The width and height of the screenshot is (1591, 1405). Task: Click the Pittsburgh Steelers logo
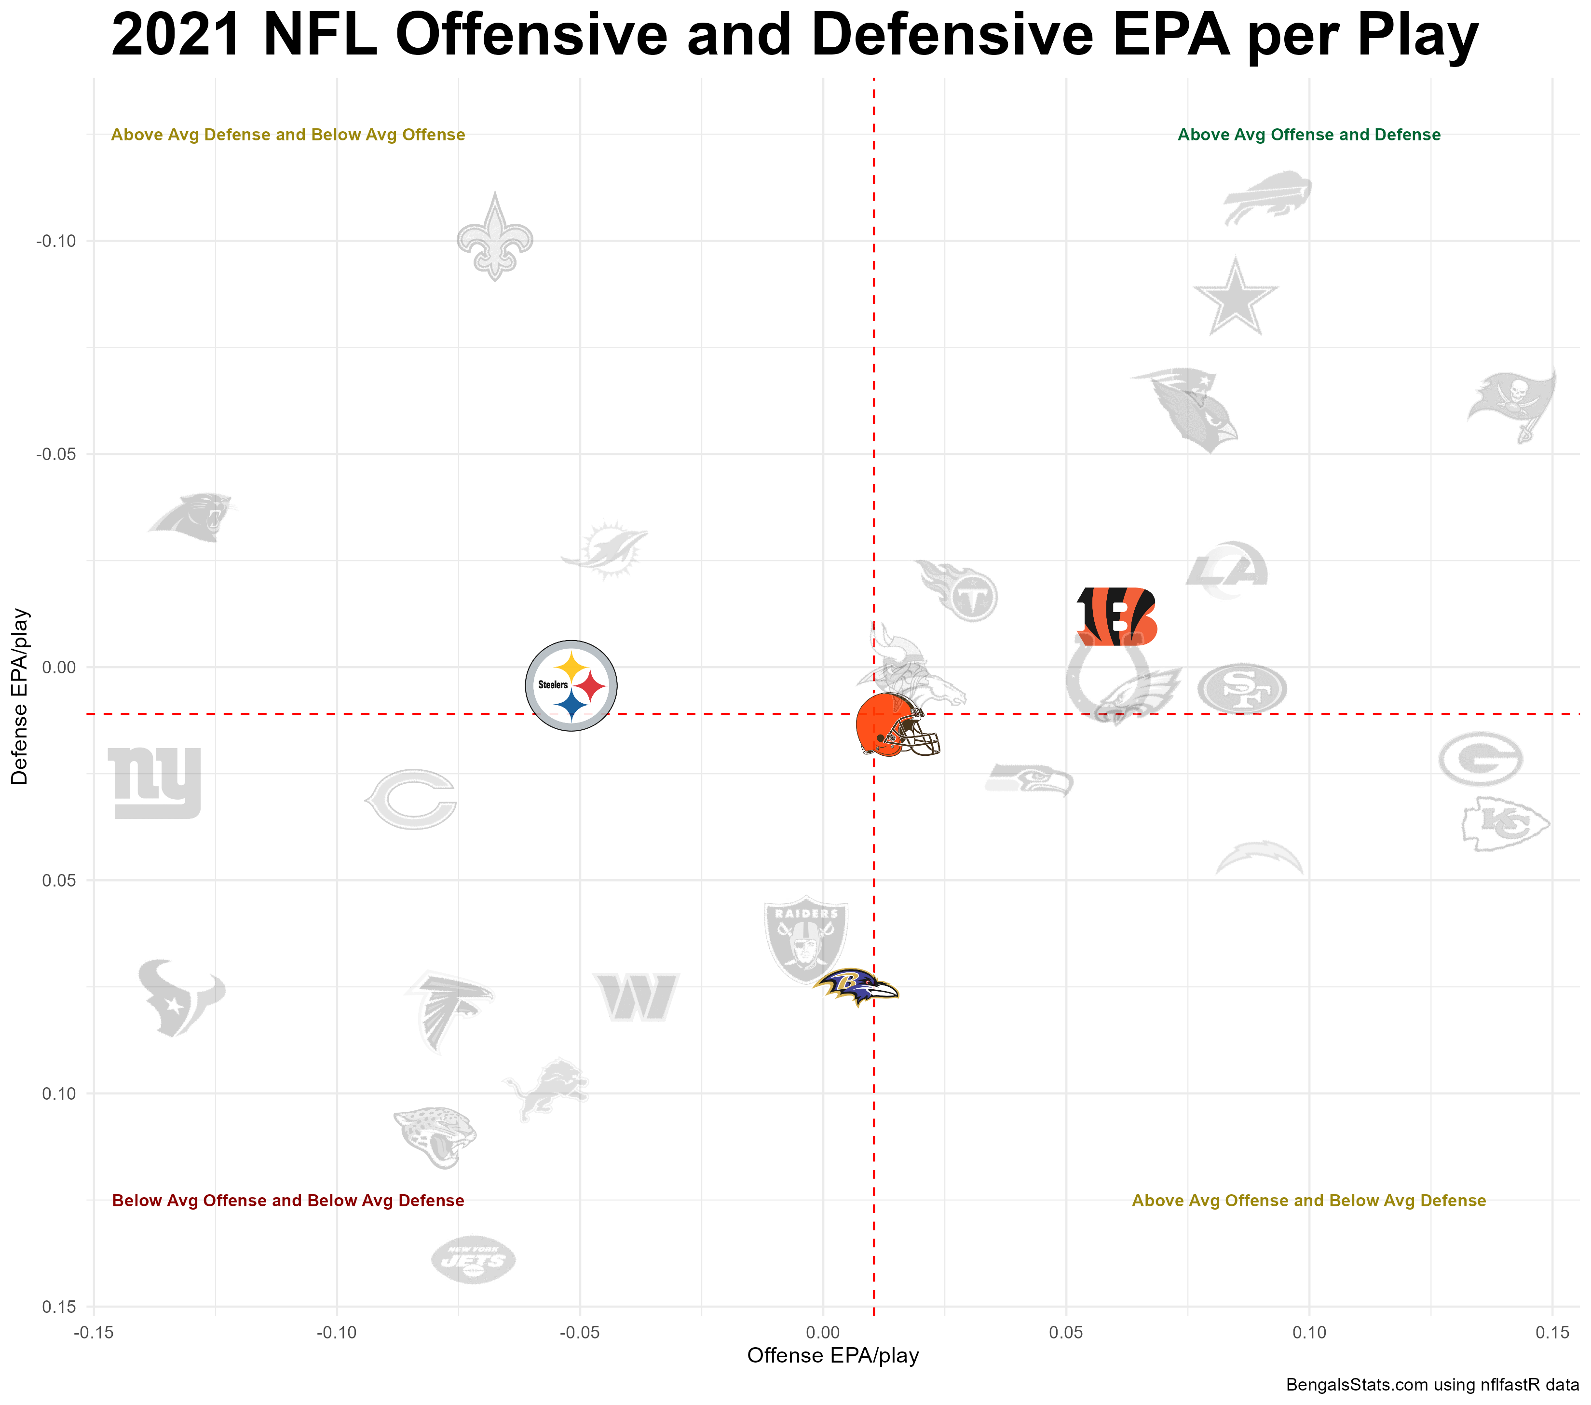(x=571, y=686)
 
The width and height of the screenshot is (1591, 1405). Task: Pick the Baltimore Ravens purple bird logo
(x=856, y=987)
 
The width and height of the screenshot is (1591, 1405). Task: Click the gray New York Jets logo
(x=473, y=1259)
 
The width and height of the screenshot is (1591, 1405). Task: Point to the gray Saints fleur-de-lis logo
(x=495, y=237)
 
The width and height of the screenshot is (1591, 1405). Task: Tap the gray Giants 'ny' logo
(x=155, y=782)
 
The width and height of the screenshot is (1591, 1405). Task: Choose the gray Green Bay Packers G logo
(x=1480, y=758)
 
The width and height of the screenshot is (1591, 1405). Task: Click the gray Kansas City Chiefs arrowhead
(x=1505, y=823)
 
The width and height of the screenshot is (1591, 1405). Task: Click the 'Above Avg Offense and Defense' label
(x=1308, y=135)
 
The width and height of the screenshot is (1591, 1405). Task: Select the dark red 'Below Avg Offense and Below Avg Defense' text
(x=288, y=1200)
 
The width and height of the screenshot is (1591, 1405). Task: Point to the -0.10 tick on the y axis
(x=56, y=241)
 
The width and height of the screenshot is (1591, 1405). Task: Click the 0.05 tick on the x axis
(x=1066, y=1333)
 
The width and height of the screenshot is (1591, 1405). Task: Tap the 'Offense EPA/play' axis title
(x=832, y=1355)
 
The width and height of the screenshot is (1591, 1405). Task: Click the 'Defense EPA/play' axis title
(x=19, y=696)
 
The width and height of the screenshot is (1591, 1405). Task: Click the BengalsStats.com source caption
(x=1431, y=1385)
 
